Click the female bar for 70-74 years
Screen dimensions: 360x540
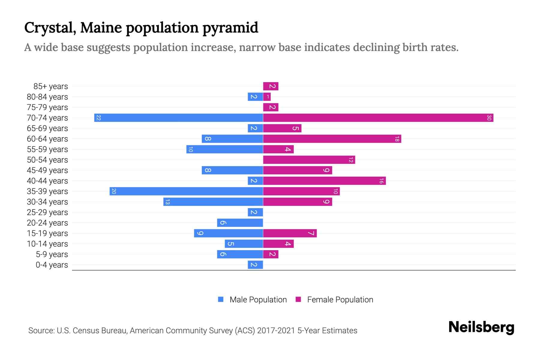pyautogui.click(x=378, y=118)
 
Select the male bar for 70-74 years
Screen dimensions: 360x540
pyautogui.click(x=178, y=118)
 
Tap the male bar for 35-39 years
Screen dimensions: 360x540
pyautogui.click(x=186, y=191)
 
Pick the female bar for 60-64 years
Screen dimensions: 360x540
pyautogui.click(x=332, y=139)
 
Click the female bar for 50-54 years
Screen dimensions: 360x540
pyautogui.click(x=309, y=160)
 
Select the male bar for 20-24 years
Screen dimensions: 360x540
pyautogui.click(x=240, y=223)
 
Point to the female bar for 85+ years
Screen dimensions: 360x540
pyautogui.click(x=271, y=86)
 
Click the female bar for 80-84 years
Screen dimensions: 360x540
pyautogui.click(x=267, y=97)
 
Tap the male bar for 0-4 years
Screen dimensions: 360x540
pyautogui.click(x=255, y=265)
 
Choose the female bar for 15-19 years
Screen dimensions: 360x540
pyautogui.click(x=290, y=233)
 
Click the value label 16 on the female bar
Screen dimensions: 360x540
pyautogui.click(x=381, y=181)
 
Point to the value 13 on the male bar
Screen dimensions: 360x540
pyautogui.click(x=167, y=202)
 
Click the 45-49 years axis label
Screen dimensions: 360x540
pyautogui.click(x=47, y=170)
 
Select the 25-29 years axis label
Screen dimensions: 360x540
pyautogui.click(x=47, y=212)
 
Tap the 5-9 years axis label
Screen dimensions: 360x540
pyautogui.click(x=52, y=254)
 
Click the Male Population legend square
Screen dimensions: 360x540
pyautogui.click(x=221, y=299)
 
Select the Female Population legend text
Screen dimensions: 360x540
pyautogui.click(x=340, y=300)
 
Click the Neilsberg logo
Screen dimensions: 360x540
pyautogui.click(x=481, y=327)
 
